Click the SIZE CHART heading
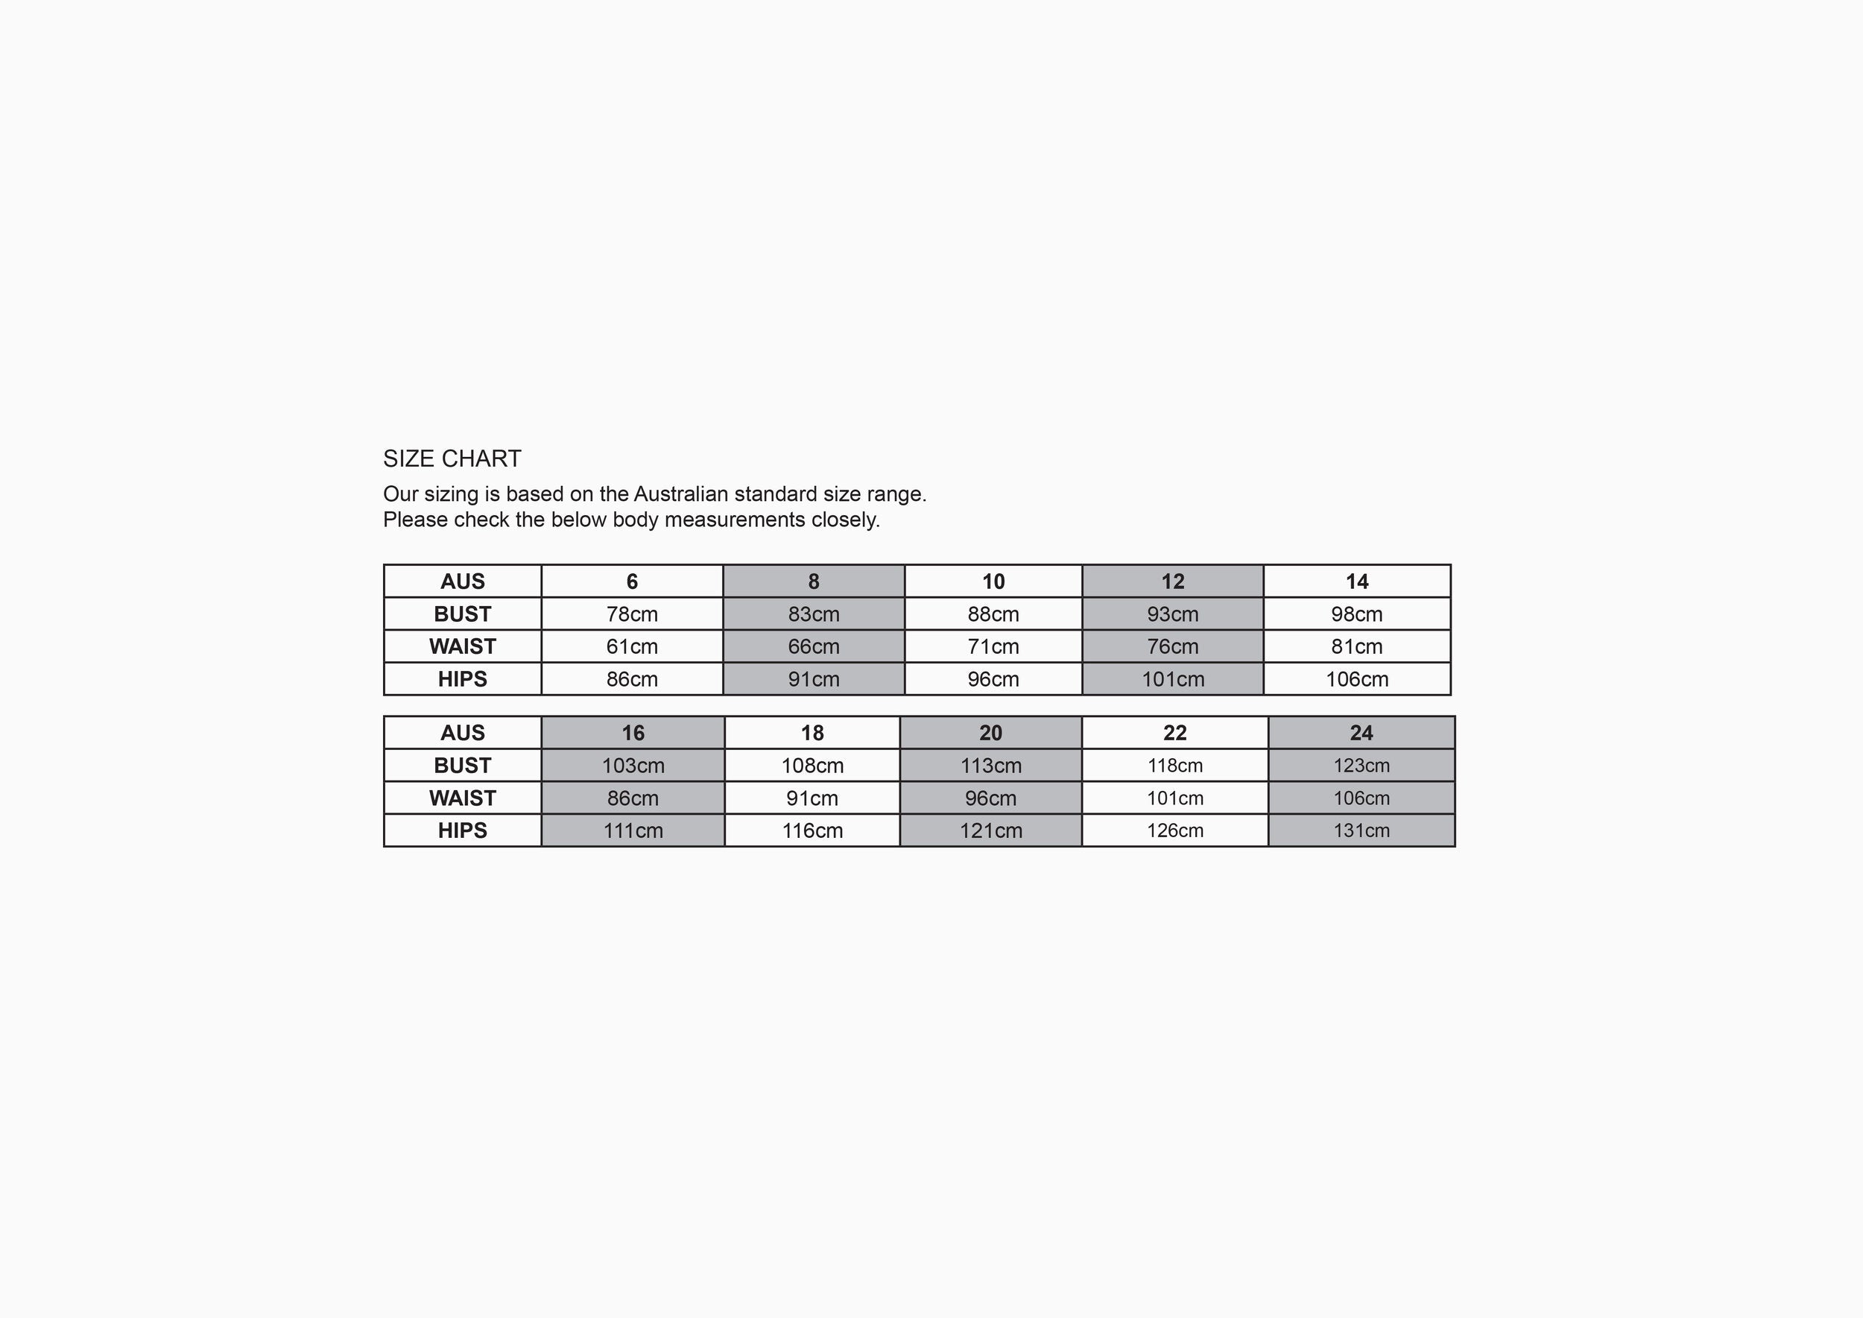[x=452, y=458]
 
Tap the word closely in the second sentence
[x=844, y=520]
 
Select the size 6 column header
[x=632, y=581]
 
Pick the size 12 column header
[x=1172, y=581]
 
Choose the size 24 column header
[x=1361, y=733]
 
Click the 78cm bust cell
[x=632, y=614]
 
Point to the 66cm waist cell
[x=813, y=646]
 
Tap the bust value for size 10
[x=993, y=614]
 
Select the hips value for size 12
[x=1172, y=678]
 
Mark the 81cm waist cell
[x=1357, y=646]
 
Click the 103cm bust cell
[x=633, y=766]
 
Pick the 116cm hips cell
[x=812, y=830]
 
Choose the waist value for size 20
[x=990, y=798]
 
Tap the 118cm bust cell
[x=1174, y=766]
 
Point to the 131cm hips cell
[x=1361, y=830]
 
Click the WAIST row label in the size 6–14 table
[x=463, y=646]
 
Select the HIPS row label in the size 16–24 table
[x=463, y=830]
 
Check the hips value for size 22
[x=1174, y=830]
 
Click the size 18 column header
[x=812, y=733]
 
